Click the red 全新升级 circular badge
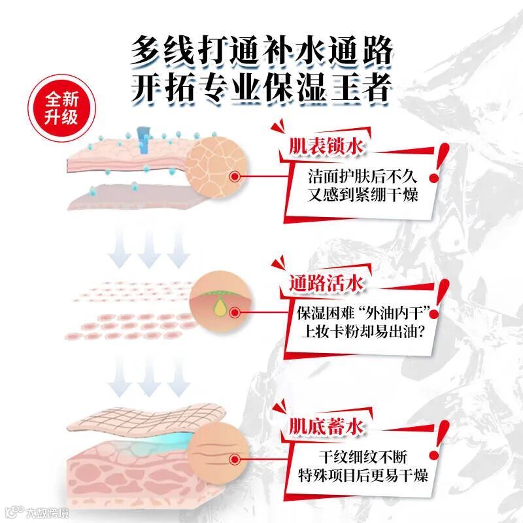coord(61,108)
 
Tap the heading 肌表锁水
coord(326,146)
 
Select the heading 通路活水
coord(326,284)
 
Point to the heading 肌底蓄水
coord(326,426)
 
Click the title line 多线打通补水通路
coord(261,51)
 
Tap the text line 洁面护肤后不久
coord(362,177)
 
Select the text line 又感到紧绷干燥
coord(362,194)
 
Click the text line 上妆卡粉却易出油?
coord(362,331)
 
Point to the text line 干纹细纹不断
coord(362,456)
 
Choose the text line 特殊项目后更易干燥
coord(362,475)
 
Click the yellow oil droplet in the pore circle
coord(219,307)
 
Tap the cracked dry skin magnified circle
coord(216,167)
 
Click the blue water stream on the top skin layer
coord(144,140)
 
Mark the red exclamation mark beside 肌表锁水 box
coord(438,162)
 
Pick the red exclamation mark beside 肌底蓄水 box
coord(439,440)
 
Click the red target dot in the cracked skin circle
coord(235,177)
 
